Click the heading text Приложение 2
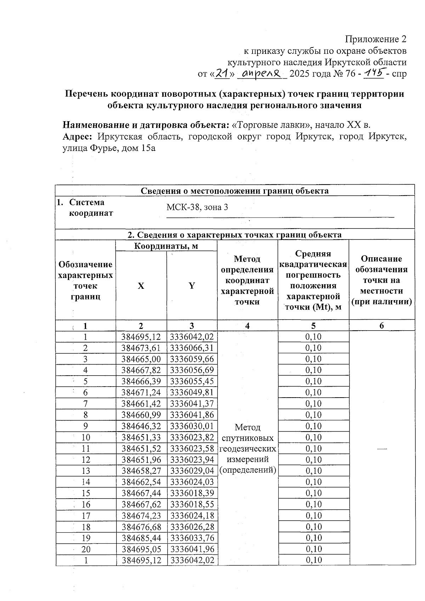coord(376,39)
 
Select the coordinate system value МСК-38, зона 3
coord(197,207)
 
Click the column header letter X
coord(141,286)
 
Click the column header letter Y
coord(192,286)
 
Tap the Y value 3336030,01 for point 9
coord(192,426)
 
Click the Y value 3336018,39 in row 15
coord(192,493)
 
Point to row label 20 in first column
coord(86,549)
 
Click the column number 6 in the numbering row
coord(381,326)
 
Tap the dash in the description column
coord(381,449)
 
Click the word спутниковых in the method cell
coord(248,438)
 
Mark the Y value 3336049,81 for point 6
coord(192,392)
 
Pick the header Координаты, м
coord(166,246)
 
